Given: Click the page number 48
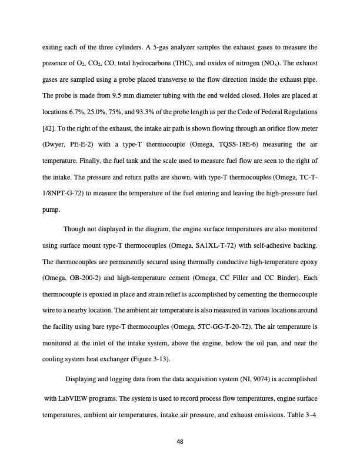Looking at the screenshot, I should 179,443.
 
